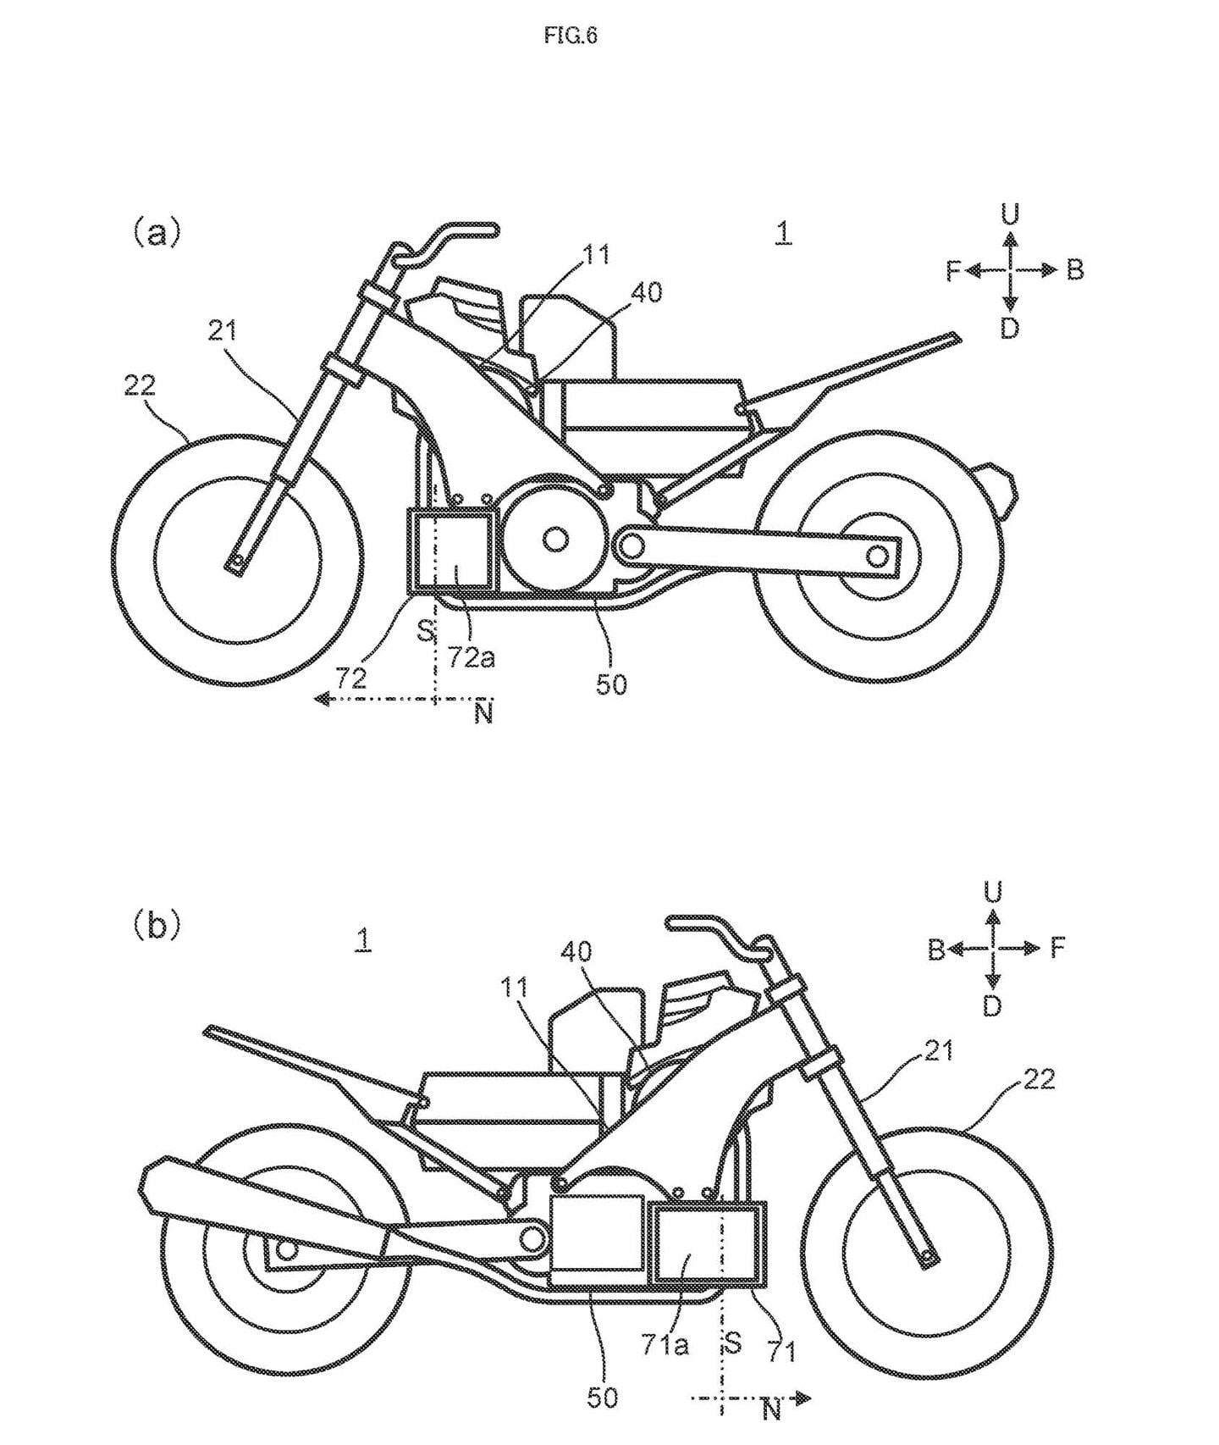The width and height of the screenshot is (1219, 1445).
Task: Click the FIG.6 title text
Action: pyautogui.click(x=571, y=36)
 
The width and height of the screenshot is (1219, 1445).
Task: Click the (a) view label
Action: pyautogui.click(x=157, y=232)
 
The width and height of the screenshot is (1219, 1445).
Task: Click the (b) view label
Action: pyautogui.click(x=157, y=925)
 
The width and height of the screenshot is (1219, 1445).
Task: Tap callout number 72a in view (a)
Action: pyautogui.click(x=472, y=656)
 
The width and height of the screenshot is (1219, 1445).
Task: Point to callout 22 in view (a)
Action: pyautogui.click(x=140, y=385)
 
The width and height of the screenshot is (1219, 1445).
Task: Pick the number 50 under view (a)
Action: pyautogui.click(x=610, y=684)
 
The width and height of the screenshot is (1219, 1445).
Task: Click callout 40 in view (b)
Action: pyautogui.click(x=576, y=952)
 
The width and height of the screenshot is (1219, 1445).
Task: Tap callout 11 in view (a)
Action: pyautogui.click(x=596, y=254)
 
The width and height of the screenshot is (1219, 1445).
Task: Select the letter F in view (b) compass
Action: pyautogui.click(x=1057, y=947)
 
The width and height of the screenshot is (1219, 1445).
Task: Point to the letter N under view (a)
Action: pyautogui.click(x=483, y=714)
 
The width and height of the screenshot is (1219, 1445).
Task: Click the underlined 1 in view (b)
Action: pyautogui.click(x=363, y=939)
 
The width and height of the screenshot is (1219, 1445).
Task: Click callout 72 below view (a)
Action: pyautogui.click(x=351, y=678)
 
